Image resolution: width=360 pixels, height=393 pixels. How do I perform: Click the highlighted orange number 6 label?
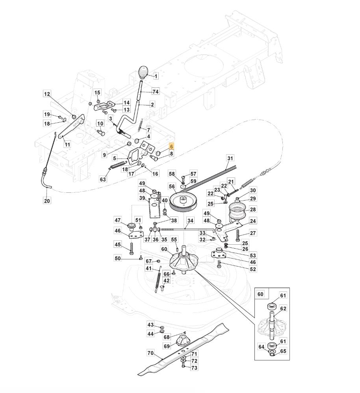pyautogui.click(x=171, y=147)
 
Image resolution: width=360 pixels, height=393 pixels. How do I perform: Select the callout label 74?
pyautogui.click(x=156, y=92)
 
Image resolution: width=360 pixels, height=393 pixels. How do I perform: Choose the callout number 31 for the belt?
pyautogui.click(x=230, y=158)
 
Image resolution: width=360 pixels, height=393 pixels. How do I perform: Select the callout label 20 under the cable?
pyautogui.click(x=47, y=201)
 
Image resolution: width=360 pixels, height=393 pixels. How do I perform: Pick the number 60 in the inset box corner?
pyautogui.click(x=260, y=294)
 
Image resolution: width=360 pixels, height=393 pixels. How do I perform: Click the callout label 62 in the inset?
pyautogui.click(x=283, y=308)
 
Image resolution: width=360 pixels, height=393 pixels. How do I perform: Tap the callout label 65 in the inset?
pyautogui.click(x=283, y=351)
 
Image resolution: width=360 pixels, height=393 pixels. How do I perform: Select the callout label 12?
pyautogui.click(x=47, y=94)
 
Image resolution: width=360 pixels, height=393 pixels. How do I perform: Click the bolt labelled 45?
pyautogui.click(x=132, y=249)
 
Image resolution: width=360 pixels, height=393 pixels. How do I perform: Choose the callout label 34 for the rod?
pyautogui.click(x=191, y=221)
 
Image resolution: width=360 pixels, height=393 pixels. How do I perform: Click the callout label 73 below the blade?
pyautogui.click(x=194, y=368)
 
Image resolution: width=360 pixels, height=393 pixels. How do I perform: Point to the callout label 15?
pyautogui.click(x=97, y=92)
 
